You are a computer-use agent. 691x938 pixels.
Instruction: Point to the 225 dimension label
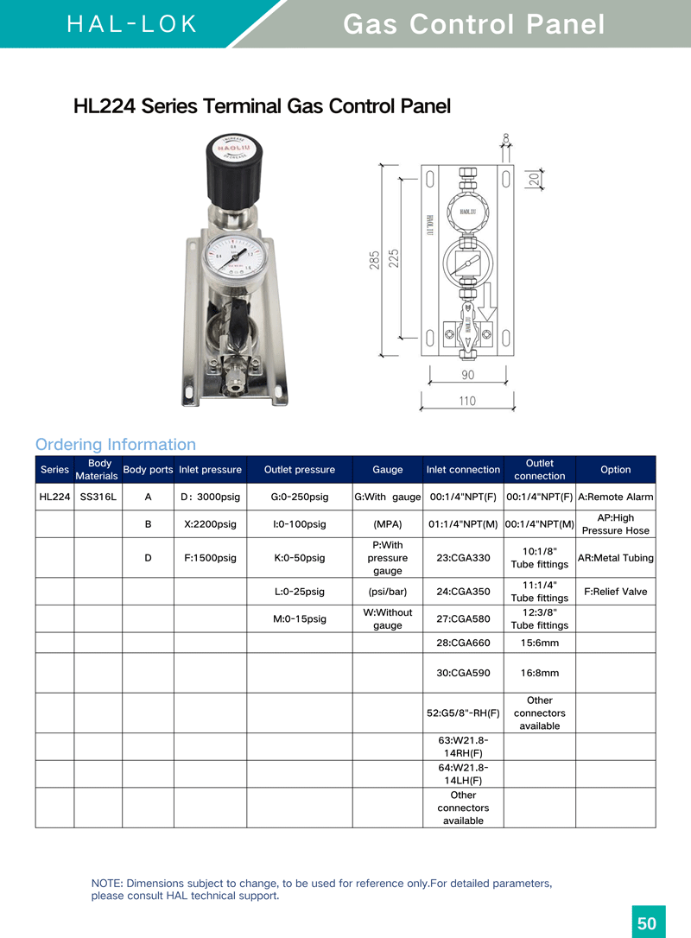pos(394,258)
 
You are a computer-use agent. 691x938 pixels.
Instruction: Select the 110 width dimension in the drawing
pos(466,401)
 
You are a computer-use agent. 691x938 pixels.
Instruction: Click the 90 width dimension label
pos(466,376)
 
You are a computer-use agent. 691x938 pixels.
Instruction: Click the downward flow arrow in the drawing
pos(485,302)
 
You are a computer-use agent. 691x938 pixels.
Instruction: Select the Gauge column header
pos(387,470)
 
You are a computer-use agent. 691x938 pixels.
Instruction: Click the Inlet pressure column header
pos(210,470)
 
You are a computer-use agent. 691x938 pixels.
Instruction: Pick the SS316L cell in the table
pos(98,497)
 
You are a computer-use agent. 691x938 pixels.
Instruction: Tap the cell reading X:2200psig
pos(210,524)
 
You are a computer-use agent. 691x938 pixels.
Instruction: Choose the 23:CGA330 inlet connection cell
pos(463,558)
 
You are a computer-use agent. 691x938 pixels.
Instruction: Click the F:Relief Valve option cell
pos(615,592)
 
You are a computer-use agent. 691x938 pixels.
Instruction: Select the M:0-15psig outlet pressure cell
pos(299,618)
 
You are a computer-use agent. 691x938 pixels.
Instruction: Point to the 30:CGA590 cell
pos(463,673)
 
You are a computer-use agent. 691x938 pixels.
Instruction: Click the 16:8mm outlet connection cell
pos(539,673)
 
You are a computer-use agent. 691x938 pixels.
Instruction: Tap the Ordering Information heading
pos(116,445)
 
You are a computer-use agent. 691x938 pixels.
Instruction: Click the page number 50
pos(647,923)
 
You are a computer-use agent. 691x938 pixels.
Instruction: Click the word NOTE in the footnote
pos(107,884)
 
